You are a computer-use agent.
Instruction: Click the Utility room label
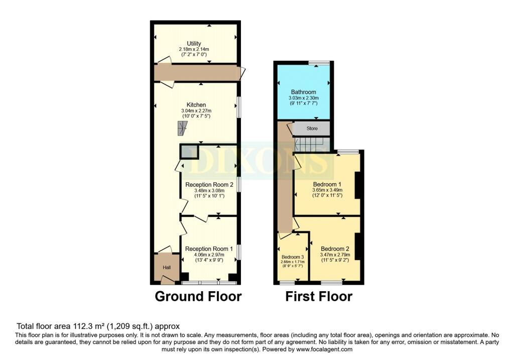point(194,43)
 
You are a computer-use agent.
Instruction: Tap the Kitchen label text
point(196,105)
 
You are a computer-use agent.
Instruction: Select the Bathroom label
point(304,92)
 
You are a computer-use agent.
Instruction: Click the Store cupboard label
point(312,129)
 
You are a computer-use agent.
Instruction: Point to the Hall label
point(167,268)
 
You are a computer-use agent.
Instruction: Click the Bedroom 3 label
point(293,257)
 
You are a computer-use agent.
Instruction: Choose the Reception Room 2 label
point(209,185)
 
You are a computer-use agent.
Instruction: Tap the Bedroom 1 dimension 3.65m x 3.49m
point(327,190)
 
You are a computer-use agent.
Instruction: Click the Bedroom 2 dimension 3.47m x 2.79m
point(335,255)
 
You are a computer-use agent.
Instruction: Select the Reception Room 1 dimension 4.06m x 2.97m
point(209,255)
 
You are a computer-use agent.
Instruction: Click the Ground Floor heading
point(198,296)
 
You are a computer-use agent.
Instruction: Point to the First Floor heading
point(319,296)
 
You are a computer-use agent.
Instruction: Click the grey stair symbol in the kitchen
point(182,128)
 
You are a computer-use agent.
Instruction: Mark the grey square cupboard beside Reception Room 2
point(189,152)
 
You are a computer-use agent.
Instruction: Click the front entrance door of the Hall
point(168,279)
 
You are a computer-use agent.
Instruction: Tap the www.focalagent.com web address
point(324,349)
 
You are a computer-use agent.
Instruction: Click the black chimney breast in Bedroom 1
point(357,185)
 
